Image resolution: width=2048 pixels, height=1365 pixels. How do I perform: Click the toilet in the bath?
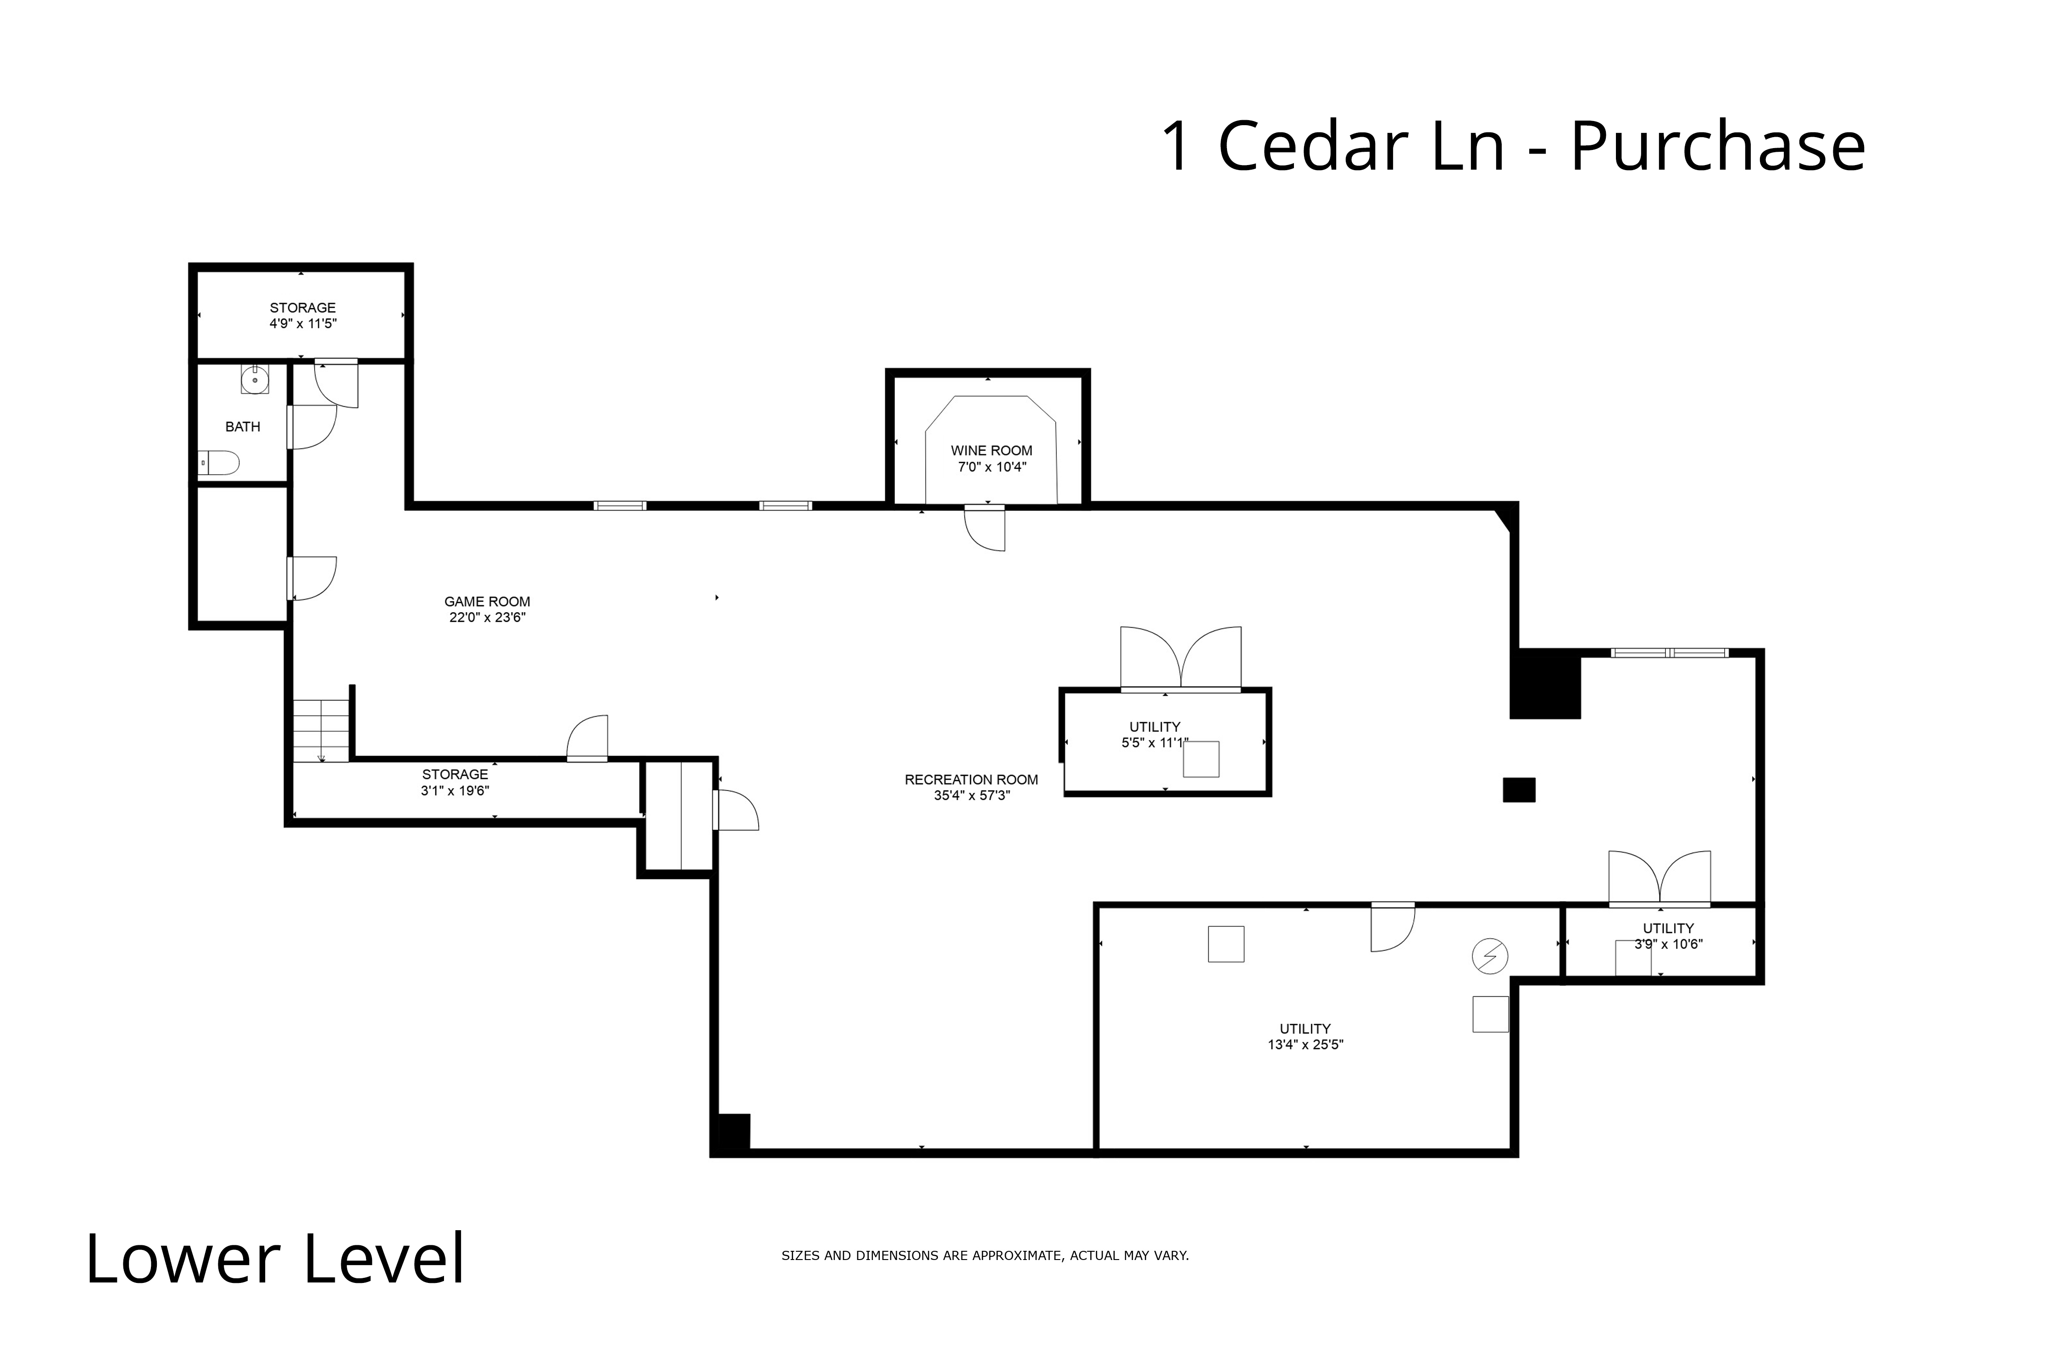(219, 463)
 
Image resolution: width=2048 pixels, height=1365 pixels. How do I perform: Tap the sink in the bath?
(254, 380)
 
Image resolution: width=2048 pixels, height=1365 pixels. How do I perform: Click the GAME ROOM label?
(487, 602)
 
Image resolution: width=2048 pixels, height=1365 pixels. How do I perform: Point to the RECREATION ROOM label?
(971, 780)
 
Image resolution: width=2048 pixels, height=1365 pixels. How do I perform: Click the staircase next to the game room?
(321, 731)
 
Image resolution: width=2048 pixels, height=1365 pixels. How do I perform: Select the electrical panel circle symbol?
(1490, 956)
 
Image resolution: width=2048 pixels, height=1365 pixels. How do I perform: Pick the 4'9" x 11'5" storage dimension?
(302, 324)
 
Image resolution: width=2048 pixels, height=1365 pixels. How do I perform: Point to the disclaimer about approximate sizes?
(985, 1255)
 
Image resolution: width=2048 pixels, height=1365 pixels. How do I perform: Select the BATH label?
(242, 426)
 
